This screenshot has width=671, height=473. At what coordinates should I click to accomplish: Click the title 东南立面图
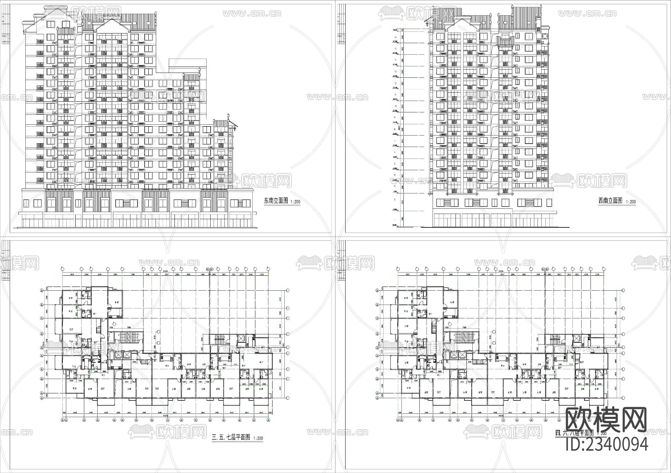[276, 201]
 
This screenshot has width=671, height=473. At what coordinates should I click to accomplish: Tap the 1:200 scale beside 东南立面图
[294, 202]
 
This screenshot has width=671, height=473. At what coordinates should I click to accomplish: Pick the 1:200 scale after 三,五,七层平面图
[257, 438]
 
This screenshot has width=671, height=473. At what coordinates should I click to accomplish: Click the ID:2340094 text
[607, 444]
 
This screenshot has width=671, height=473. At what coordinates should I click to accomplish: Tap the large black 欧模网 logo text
[606, 419]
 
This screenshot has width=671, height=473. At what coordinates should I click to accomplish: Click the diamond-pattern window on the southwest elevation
[545, 36]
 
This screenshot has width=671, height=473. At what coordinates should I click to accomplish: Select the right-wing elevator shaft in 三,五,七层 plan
[241, 338]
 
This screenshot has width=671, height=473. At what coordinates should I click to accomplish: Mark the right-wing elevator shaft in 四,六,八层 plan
[577, 338]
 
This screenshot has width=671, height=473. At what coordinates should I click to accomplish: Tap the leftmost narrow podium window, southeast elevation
[26, 203]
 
